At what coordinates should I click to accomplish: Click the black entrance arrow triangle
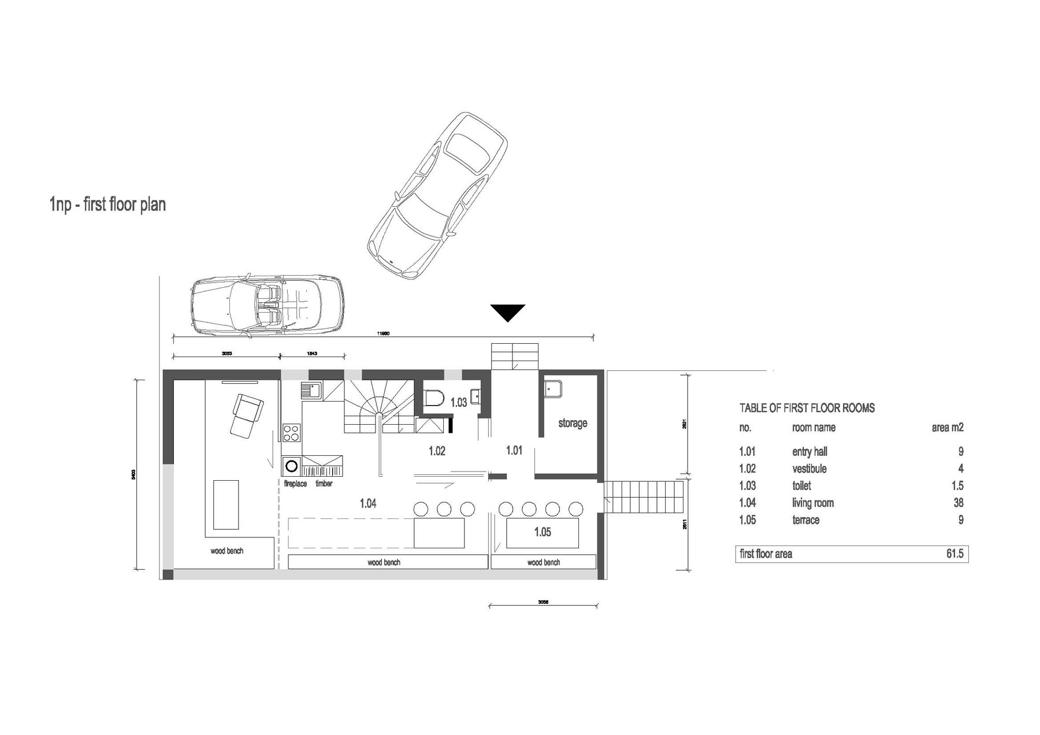pos(508,311)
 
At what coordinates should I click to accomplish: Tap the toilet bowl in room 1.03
pos(433,398)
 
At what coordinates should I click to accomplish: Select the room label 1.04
pos(368,503)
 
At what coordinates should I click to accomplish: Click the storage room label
pos(573,423)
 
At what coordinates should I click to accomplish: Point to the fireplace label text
pos(295,484)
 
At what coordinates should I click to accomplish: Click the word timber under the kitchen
pos(324,484)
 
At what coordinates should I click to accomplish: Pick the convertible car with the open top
pos(268,305)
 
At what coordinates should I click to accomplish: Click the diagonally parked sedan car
pos(438,196)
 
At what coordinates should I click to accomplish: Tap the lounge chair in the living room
pos(246,414)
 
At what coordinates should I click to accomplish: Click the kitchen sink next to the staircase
pos(311,391)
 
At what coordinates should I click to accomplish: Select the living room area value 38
pos(958,503)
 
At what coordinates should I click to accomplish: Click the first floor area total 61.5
pos(954,554)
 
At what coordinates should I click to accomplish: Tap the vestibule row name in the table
pos(809,469)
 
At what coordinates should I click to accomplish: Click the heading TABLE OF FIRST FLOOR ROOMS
pos(807,408)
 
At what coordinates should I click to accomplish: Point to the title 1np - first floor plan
pos(108,205)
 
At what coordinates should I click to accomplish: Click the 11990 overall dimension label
pos(382,333)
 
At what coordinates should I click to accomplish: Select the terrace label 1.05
pos(542,532)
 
